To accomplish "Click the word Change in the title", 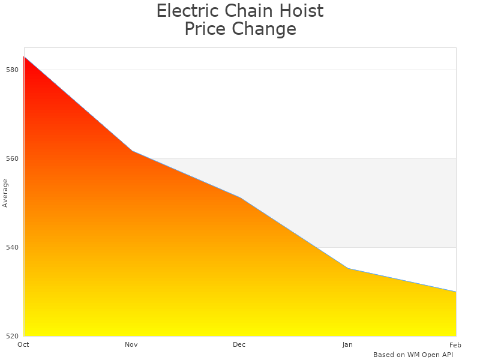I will click(265, 29).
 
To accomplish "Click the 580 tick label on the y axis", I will click(13, 70).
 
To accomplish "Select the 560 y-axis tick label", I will click(13, 158).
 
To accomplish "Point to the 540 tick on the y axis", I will click(13, 247).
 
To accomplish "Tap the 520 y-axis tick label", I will click(13, 336).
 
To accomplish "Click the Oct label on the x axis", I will click(23, 344).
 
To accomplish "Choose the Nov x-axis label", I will click(131, 344).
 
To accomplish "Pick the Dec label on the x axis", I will click(239, 344).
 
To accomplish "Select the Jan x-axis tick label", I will click(347, 344).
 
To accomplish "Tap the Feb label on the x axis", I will click(455, 344).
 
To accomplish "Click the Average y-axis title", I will click(5, 193).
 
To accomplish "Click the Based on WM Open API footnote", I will click(413, 355).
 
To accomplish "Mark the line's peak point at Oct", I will click(24, 56).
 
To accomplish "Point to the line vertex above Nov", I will click(132, 151).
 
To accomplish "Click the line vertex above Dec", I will click(240, 197).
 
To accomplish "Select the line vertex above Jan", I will click(348, 268).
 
